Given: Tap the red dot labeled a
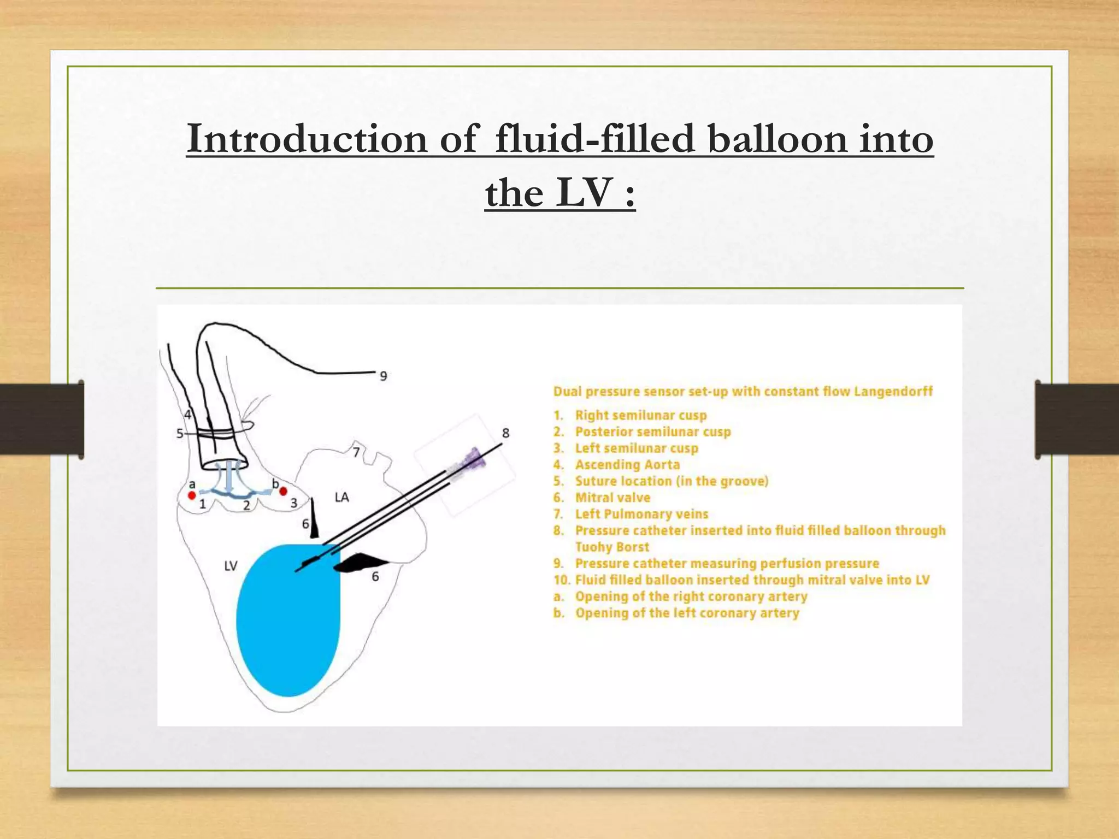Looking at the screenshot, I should [x=192, y=495].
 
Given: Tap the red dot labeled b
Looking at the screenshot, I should [x=283, y=492].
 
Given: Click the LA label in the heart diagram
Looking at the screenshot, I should [x=341, y=497].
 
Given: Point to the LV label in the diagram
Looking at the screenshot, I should [x=231, y=566].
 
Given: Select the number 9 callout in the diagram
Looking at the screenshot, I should [x=384, y=376].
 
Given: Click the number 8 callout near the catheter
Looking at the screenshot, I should [x=505, y=433].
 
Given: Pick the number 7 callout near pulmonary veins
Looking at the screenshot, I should [x=356, y=452].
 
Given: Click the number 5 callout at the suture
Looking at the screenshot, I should [x=180, y=434].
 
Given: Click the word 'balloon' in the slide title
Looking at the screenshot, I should [x=778, y=139].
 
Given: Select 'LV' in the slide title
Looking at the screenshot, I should [x=584, y=193].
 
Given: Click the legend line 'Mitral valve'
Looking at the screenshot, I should [x=612, y=498].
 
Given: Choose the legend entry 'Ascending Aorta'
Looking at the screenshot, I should [x=627, y=465].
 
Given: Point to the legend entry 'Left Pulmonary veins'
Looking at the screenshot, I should [x=641, y=514].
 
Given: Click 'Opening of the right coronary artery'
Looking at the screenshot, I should [x=691, y=596].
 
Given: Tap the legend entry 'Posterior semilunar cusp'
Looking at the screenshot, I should [x=652, y=432].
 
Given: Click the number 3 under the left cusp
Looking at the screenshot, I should [x=293, y=503].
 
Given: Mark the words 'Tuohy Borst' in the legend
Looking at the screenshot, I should [x=612, y=547].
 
